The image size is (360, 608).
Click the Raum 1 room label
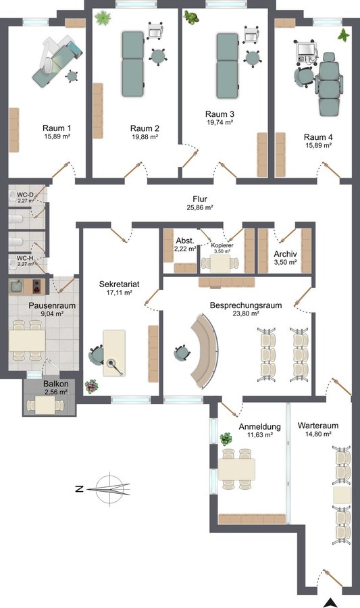(57, 128)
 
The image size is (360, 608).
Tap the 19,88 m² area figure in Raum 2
(145, 136)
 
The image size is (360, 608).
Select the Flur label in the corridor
(200, 199)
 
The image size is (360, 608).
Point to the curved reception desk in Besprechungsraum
(204, 351)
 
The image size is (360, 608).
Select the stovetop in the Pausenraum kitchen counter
(38, 287)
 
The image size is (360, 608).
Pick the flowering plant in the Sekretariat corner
(91, 386)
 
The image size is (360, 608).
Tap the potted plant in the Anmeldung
(226, 439)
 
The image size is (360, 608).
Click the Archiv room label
(285, 255)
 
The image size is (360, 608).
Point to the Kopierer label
(222, 245)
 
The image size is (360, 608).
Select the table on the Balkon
(45, 405)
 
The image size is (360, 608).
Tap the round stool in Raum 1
(72, 76)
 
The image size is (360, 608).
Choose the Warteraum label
(317, 426)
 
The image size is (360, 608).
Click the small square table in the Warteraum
(342, 496)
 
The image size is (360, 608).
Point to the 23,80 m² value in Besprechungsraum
(246, 313)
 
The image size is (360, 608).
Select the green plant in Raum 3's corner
(191, 18)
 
